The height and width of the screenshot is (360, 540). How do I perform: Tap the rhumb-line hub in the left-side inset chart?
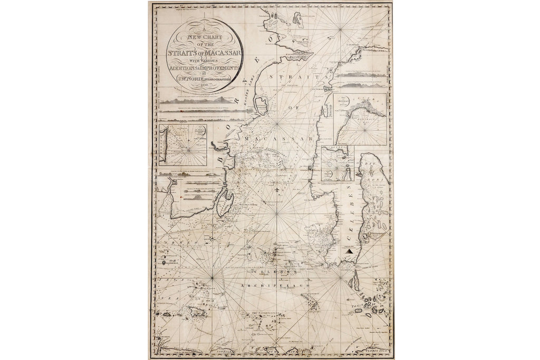coord(185,153)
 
